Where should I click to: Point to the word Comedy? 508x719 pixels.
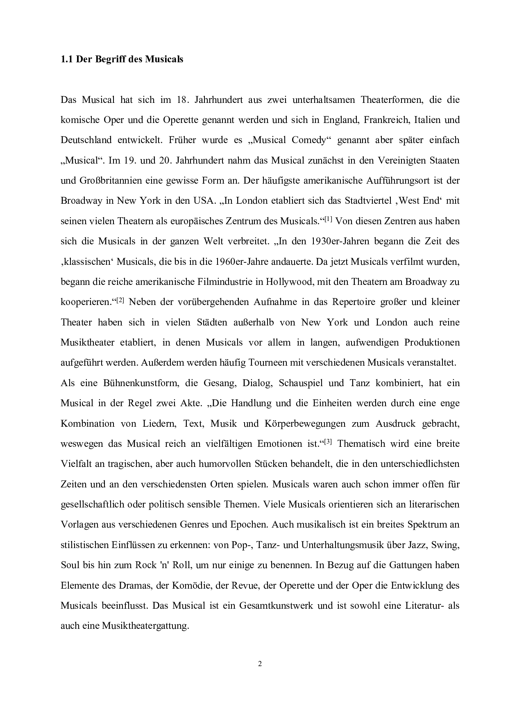point(311,140)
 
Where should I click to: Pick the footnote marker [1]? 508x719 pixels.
point(328,219)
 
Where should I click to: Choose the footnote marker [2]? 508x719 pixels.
point(120,300)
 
